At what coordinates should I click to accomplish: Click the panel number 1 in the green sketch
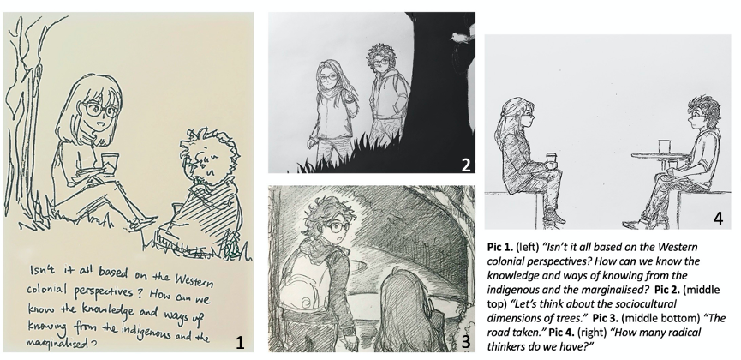tap(240, 342)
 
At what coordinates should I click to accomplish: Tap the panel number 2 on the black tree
tap(466, 165)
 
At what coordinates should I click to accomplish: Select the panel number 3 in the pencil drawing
tap(466, 341)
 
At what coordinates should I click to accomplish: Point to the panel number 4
tap(718, 219)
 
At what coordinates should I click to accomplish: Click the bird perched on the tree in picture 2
tap(461, 36)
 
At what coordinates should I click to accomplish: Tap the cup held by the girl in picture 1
tap(109, 163)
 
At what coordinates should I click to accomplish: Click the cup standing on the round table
tap(664, 147)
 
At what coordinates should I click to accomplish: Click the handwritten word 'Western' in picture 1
tap(194, 280)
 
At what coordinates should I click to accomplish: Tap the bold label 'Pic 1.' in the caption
tap(500, 247)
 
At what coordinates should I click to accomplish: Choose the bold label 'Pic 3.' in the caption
tap(606, 318)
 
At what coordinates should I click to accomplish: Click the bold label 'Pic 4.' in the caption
tap(561, 332)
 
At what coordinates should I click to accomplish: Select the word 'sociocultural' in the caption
tap(647, 303)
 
